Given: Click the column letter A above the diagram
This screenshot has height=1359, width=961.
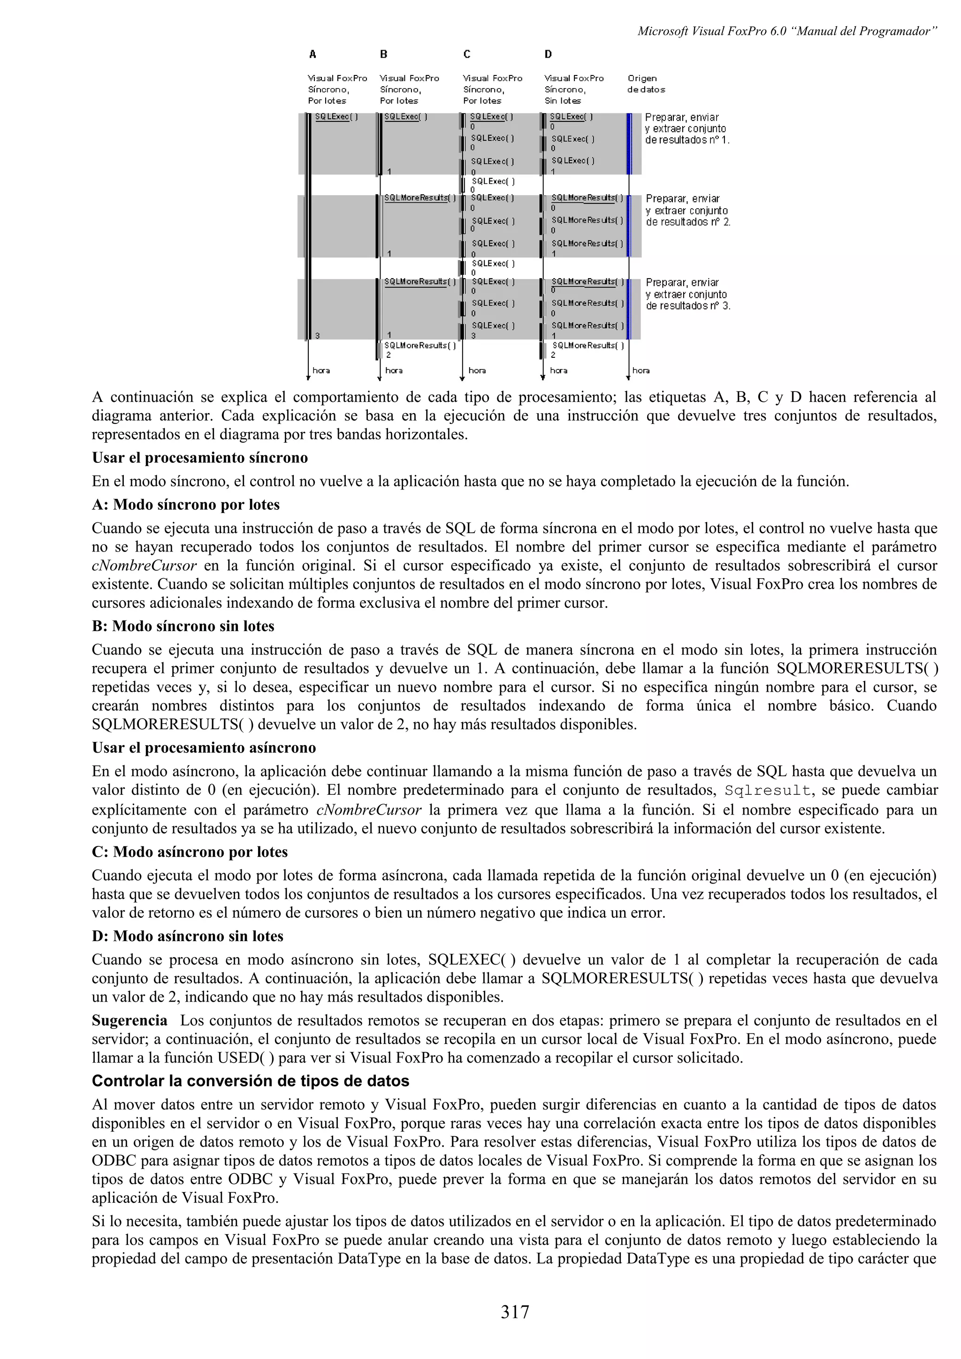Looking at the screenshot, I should (x=313, y=54).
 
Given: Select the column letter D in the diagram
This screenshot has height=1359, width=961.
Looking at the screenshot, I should (x=548, y=54).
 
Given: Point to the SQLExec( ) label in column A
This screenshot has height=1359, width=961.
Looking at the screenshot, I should (x=336, y=117).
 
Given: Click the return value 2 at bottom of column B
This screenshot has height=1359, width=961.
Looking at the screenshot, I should (x=389, y=355).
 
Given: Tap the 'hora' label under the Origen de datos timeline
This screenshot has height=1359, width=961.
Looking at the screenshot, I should (x=641, y=370).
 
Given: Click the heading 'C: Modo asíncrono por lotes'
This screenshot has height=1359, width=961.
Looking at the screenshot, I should (x=190, y=852).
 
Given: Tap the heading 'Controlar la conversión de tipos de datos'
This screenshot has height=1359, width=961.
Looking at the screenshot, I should (x=251, y=1081).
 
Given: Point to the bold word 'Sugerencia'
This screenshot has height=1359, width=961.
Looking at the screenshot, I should (x=130, y=1020).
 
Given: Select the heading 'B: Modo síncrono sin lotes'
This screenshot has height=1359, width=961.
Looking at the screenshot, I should (x=183, y=626).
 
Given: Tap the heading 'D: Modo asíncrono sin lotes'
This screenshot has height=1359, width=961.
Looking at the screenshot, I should (x=188, y=936).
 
